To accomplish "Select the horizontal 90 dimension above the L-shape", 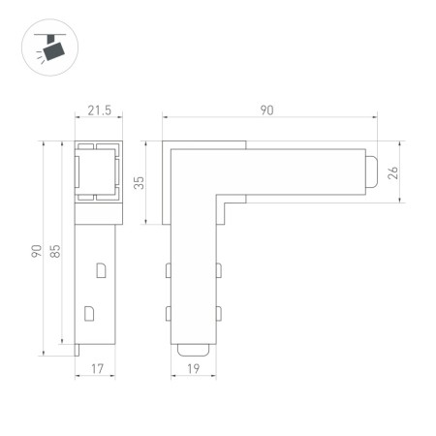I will click(x=266, y=111).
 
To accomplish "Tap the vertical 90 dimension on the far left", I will click(x=36, y=253).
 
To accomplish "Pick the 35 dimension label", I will click(x=140, y=182).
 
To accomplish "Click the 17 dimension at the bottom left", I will click(x=98, y=367).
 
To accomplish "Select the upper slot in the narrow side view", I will click(x=100, y=269).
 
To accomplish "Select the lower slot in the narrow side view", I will click(x=90, y=313).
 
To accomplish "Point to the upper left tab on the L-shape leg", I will click(x=169, y=267).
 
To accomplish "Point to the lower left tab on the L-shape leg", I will click(x=169, y=312).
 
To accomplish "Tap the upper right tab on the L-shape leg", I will click(x=218, y=267).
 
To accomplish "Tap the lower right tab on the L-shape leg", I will click(x=218, y=312).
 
